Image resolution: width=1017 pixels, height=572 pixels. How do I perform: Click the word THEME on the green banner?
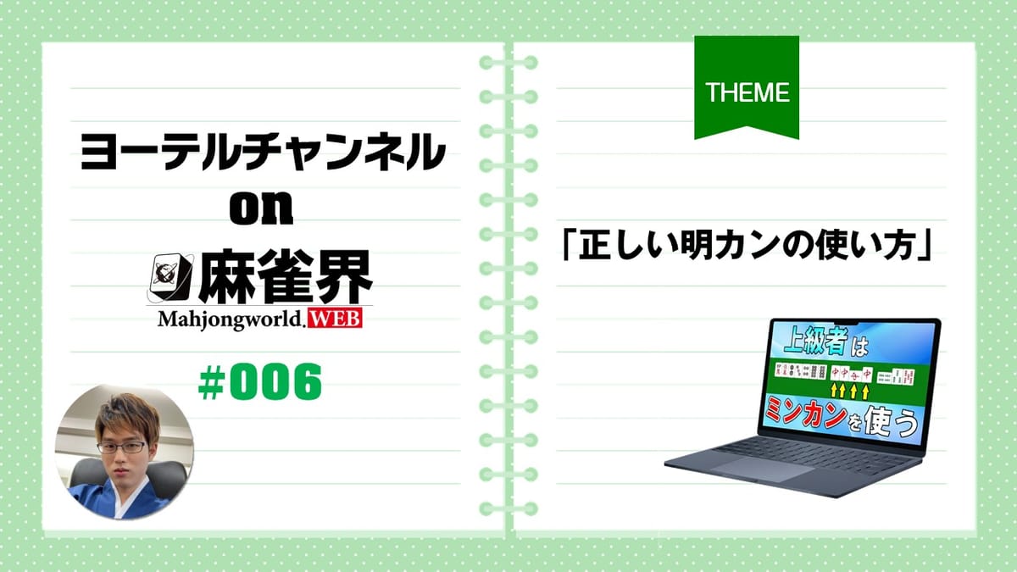(747, 92)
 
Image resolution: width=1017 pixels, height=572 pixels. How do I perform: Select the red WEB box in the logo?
(338, 320)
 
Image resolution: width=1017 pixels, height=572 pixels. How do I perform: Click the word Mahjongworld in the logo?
(228, 320)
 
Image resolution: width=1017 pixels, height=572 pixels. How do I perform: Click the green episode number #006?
(260, 385)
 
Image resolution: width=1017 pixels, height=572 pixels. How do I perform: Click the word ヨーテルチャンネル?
(262, 153)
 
